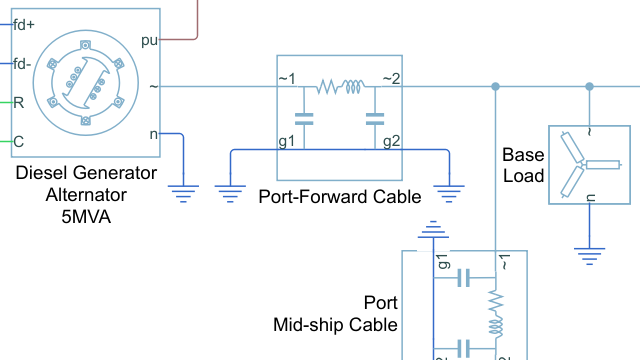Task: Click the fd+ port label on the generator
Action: (24, 25)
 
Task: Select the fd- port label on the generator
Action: (23, 64)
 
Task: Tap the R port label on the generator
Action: (18, 102)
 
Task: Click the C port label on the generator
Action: (18, 140)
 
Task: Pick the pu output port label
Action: (149, 42)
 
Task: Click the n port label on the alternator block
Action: (152, 133)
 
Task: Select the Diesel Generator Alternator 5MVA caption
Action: (85, 191)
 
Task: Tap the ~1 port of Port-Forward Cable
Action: (287, 80)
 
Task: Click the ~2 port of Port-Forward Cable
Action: (391, 80)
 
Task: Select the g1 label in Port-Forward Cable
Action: (287, 141)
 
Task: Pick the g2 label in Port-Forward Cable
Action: (392, 141)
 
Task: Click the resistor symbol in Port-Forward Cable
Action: (329, 88)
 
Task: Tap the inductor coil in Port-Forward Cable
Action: (353, 88)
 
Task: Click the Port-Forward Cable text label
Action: (340, 197)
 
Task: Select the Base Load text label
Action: (523, 166)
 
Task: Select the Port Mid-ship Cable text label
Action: (336, 313)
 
